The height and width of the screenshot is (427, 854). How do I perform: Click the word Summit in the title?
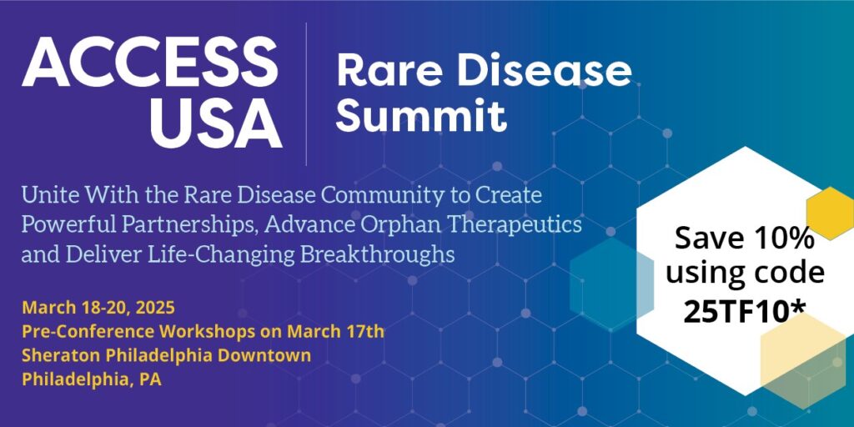click(x=421, y=115)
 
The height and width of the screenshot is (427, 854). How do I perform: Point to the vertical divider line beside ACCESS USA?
click(x=306, y=93)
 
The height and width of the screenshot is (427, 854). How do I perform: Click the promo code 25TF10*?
click(x=745, y=312)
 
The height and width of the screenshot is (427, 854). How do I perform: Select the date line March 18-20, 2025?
click(x=98, y=308)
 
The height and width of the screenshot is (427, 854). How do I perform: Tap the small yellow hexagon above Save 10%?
click(x=831, y=213)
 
